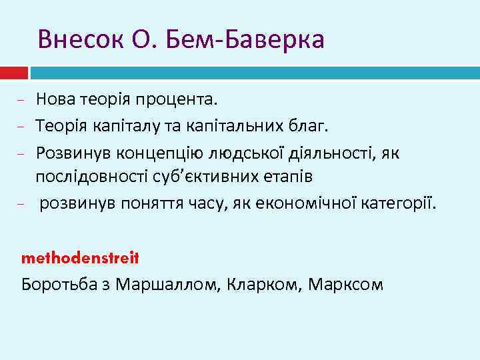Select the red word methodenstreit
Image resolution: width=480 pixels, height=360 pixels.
click(x=80, y=257)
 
